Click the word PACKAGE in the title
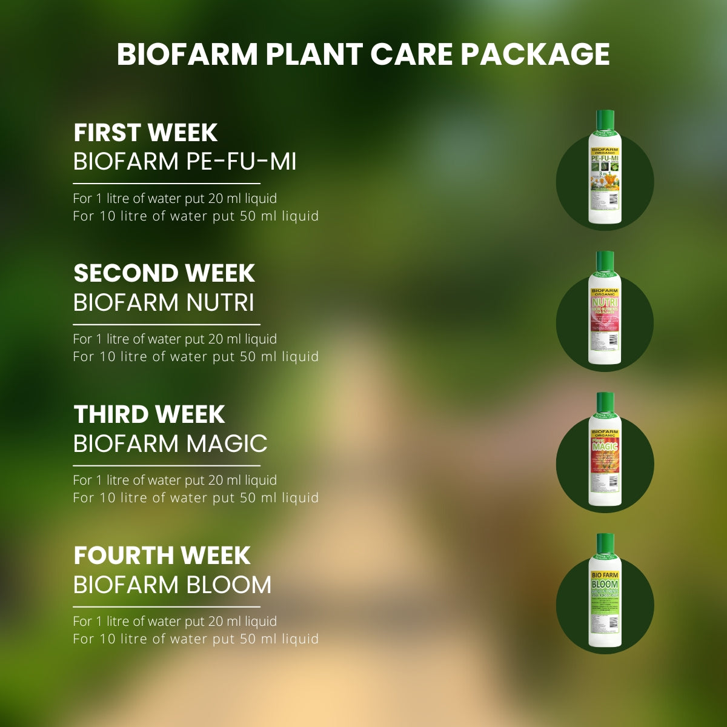(x=535, y=54)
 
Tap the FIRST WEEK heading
(x=145, y=133)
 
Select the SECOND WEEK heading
(x=164, y=273)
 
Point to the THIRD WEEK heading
(x=149, y=414)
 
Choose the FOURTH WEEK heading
(x=162, y=556)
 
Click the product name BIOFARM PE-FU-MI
(x=185, y=162)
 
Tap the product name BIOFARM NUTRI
(x=164, y=302)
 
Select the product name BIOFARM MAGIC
(x=170, y=443)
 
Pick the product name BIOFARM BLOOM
(x=172, y=585)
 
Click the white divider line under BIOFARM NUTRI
(x=167, y=325)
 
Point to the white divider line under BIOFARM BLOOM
(x=167, y=606)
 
